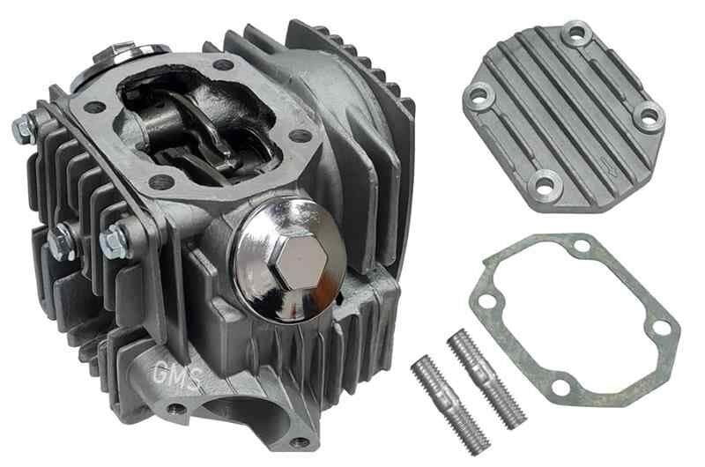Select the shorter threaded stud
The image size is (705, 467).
pyautogui.click(x=450, y=404)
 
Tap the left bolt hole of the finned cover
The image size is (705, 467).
pyautogui.click(x=479, y=95)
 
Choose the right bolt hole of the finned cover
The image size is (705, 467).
pyautogui.click(x=649, y=115)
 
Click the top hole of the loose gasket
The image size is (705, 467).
pyautogui.click(x=582, y=246)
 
